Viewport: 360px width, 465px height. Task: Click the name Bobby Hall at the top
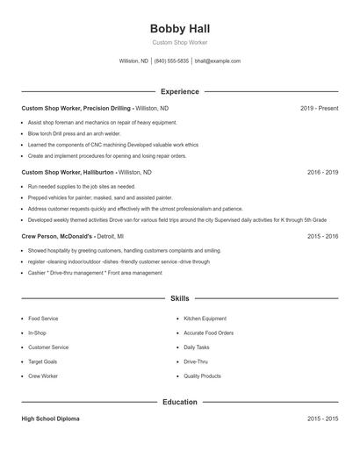(180, 28)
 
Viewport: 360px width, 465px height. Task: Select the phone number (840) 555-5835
(171, 61)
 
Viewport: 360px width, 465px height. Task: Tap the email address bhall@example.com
(218, 61)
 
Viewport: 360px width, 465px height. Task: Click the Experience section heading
(180, 91)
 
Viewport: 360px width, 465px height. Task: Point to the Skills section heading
(180, 298)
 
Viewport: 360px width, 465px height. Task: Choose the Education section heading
(180, 402)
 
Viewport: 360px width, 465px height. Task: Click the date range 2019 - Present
(319, 108)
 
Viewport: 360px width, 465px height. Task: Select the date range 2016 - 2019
(322, 173)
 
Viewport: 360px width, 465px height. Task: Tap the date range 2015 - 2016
(322, 236)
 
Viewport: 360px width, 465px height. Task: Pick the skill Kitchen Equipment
(205, 318)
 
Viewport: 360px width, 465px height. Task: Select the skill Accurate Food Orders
(209, 333)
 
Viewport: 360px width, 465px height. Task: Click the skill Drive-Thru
(196, 361)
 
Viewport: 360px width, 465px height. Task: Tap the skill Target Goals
(43, 361)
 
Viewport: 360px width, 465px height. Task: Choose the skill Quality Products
(202, 376)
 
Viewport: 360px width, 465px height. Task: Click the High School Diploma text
(50, 419)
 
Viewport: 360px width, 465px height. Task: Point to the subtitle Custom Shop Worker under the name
(180, 43)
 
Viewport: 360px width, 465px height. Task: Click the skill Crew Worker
(43, 376)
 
